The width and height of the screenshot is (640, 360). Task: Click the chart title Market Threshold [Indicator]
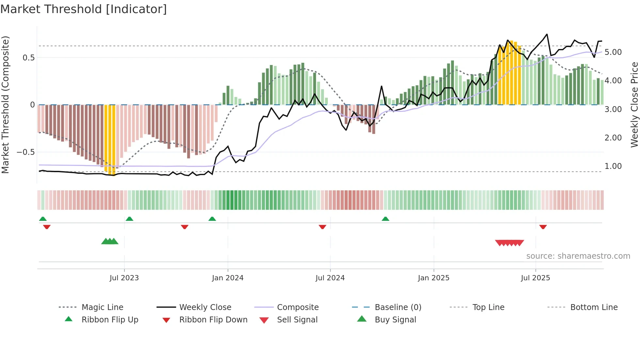(84, 9)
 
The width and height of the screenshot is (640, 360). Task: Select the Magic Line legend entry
(102, 307)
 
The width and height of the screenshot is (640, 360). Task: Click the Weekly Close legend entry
(205, 307)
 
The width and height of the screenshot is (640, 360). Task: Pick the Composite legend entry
(297, 307)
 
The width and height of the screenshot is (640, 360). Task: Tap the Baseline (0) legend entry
(398, 307)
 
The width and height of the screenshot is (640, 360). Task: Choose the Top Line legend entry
(488, 307)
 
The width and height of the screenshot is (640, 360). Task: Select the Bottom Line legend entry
(594, 307)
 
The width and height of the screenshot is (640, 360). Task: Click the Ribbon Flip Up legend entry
(110, 319)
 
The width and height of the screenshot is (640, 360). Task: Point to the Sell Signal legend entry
(297, 319)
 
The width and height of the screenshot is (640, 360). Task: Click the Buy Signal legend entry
(395, 319)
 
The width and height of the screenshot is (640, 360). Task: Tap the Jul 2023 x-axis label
(124, 278)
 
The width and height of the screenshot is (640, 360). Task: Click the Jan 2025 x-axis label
(434, 278)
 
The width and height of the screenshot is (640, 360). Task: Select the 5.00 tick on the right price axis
(613, 52)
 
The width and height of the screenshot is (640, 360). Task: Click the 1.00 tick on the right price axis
(613, 166)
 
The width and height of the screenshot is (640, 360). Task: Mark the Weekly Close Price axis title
(634, 105)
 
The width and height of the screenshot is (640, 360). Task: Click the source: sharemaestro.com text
(578, 256)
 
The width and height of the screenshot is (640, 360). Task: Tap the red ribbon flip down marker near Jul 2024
(322, 227)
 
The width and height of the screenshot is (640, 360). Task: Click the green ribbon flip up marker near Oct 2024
(385, 219)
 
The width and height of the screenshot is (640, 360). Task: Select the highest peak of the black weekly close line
(547, 34)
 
